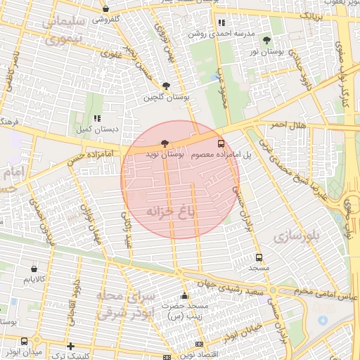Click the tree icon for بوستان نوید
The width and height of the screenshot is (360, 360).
(165, 143)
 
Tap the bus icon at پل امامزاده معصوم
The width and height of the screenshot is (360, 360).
(222, 142)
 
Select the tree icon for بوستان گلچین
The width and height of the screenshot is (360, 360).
(165, 85)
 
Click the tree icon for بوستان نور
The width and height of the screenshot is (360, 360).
(266, 40)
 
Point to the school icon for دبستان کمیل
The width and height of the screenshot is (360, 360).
(97, 118)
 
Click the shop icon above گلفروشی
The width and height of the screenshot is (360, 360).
(105, 9)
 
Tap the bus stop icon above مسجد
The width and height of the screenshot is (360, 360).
(259, 257)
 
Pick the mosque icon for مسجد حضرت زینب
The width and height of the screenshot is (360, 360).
(184, 295)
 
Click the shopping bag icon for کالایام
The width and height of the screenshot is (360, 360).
(34, 268)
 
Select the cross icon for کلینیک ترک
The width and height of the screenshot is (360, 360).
(70, 346)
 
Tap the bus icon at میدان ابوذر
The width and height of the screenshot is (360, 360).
(25, 341)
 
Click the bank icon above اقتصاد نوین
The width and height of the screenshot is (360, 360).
(199, 345)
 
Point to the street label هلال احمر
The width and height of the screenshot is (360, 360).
(287, 124)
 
